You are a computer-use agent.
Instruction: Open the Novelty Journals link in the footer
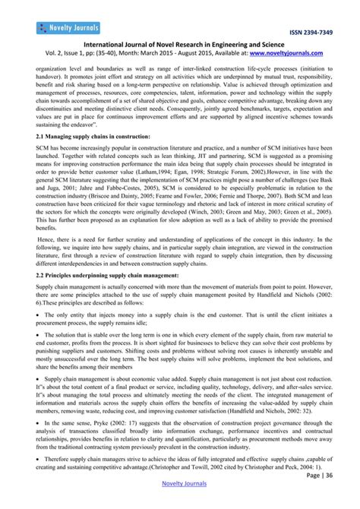pos(180,501)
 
